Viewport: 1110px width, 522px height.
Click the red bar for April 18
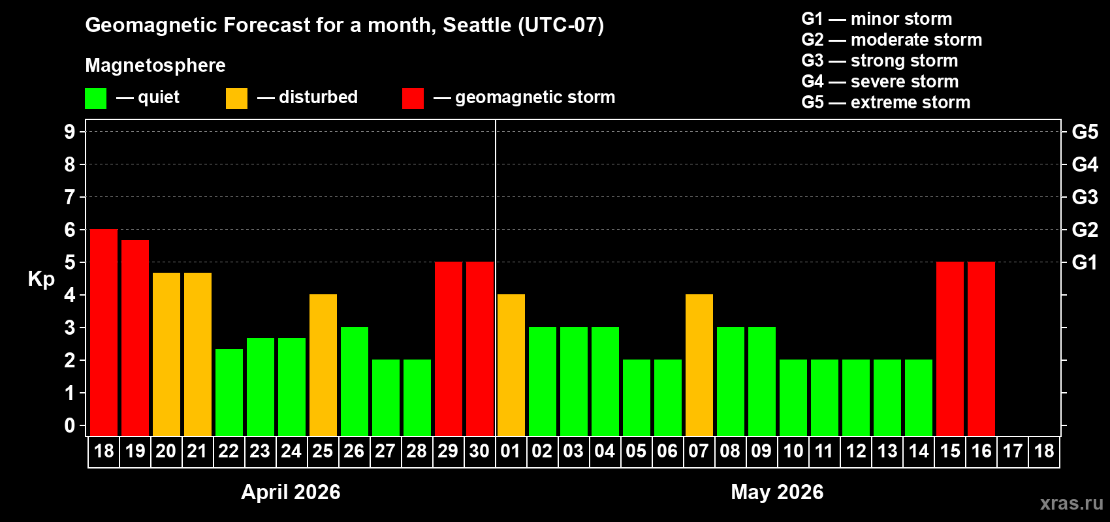point(104,332)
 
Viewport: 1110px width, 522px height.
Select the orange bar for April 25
point(323,365)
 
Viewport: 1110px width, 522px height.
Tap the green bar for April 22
point(229,392)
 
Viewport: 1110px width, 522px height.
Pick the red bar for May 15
point(950,348)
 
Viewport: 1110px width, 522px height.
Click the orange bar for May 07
point(699,365)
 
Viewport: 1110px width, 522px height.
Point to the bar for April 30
point(480,348)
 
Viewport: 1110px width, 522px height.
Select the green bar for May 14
point(919,397)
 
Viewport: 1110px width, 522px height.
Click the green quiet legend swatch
point(96,99)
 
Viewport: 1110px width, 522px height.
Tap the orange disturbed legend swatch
point(237,99)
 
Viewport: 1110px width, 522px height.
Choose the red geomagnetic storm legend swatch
point(413,99)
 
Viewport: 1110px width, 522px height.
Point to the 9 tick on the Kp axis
point(70,132)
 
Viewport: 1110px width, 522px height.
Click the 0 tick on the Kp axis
point(70,426)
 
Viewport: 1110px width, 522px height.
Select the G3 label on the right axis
point(1085,197)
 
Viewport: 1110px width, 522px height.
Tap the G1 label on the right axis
point(1085,262)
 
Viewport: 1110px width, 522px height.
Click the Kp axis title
point(41,279)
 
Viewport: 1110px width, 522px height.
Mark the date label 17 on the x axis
point(1013,452)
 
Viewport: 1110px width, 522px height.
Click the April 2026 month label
point(291,492)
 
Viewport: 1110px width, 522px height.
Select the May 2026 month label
point(777,492)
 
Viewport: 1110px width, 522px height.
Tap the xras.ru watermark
point(1071,503)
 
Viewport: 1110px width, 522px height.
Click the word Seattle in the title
point(477,25)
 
